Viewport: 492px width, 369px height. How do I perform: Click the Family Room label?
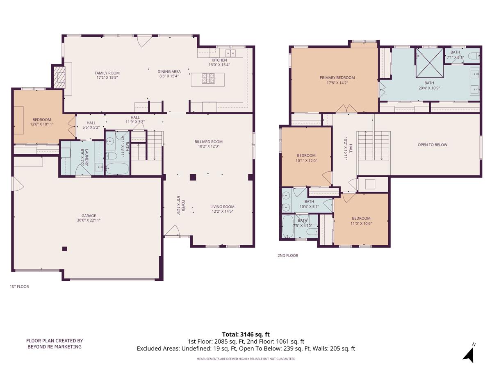(107, 75)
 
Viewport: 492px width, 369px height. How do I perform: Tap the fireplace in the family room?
(60, 76)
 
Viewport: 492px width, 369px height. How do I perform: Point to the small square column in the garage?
(64, 248)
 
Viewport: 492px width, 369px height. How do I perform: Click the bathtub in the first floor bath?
(117, 169)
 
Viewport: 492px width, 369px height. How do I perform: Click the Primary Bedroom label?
(337, 80)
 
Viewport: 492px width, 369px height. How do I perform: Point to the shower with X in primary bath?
(429, 63)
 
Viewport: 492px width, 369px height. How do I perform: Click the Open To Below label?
(432, 145)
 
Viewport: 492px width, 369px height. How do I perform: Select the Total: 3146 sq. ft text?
(246, 334)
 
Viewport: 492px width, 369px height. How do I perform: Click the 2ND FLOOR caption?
(288, 255)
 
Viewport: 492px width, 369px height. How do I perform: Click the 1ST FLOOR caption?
(19, 287)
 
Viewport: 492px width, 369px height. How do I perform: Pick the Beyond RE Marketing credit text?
(55, 344)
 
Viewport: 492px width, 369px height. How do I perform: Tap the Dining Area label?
(169, 74)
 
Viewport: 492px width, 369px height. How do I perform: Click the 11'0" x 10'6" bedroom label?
(361, 221)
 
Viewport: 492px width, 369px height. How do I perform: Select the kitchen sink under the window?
(230, 53)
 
